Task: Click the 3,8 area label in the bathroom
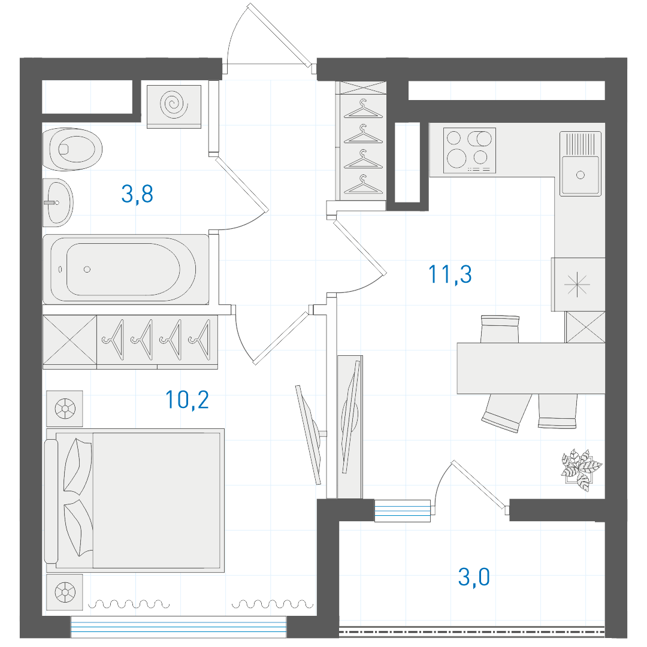point(137,194)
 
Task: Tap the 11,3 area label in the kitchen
point(450,274)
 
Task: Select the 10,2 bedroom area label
point(187,400)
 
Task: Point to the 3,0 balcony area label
point(474,576)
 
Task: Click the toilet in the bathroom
point(72,149)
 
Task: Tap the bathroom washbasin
point(58,202)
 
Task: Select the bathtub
point(126,270)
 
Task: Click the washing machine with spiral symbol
point(174,107)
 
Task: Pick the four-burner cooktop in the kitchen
point(470,150)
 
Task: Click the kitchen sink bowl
point(580,175)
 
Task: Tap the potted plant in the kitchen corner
point(581,470)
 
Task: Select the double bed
point(135,500)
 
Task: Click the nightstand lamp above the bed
point(65,409)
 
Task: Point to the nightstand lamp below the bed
point(65,592)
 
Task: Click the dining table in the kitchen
point(531,368)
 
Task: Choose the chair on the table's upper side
point(500,329)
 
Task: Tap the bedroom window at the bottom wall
point(179,627)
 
